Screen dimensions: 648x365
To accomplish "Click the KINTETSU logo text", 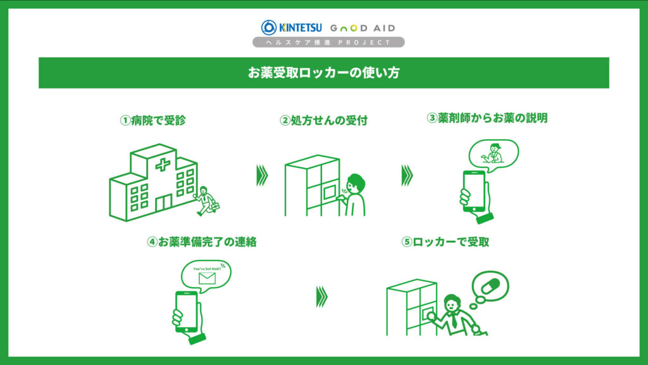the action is (301, 28).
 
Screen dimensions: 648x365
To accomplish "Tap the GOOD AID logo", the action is (363, 28).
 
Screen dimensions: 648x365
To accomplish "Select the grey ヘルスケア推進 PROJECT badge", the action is (328, 42).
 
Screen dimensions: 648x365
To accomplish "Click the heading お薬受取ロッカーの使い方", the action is (323, 73).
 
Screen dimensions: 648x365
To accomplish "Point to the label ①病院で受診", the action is (153, 120).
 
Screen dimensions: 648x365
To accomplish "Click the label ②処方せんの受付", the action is (323, 120).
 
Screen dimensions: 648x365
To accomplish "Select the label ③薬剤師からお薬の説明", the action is (487, 118).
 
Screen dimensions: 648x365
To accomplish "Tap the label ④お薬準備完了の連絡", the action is (202, 241).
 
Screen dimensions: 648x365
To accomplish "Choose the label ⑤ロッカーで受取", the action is (445, 241).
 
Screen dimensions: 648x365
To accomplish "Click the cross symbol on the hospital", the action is (163, 165).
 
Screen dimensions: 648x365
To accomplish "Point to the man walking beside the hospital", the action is (207, 201).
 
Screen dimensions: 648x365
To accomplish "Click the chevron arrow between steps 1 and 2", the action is (262, 176).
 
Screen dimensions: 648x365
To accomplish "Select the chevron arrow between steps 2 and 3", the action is (407, 176).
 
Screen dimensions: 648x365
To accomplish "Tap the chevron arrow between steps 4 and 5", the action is (322, 297).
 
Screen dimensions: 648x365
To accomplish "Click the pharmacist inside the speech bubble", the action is (492, 153).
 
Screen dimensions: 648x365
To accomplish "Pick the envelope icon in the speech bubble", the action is (207, 278).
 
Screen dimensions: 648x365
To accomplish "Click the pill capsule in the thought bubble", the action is (490, 286).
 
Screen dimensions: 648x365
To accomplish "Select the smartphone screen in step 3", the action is (474, 190).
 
